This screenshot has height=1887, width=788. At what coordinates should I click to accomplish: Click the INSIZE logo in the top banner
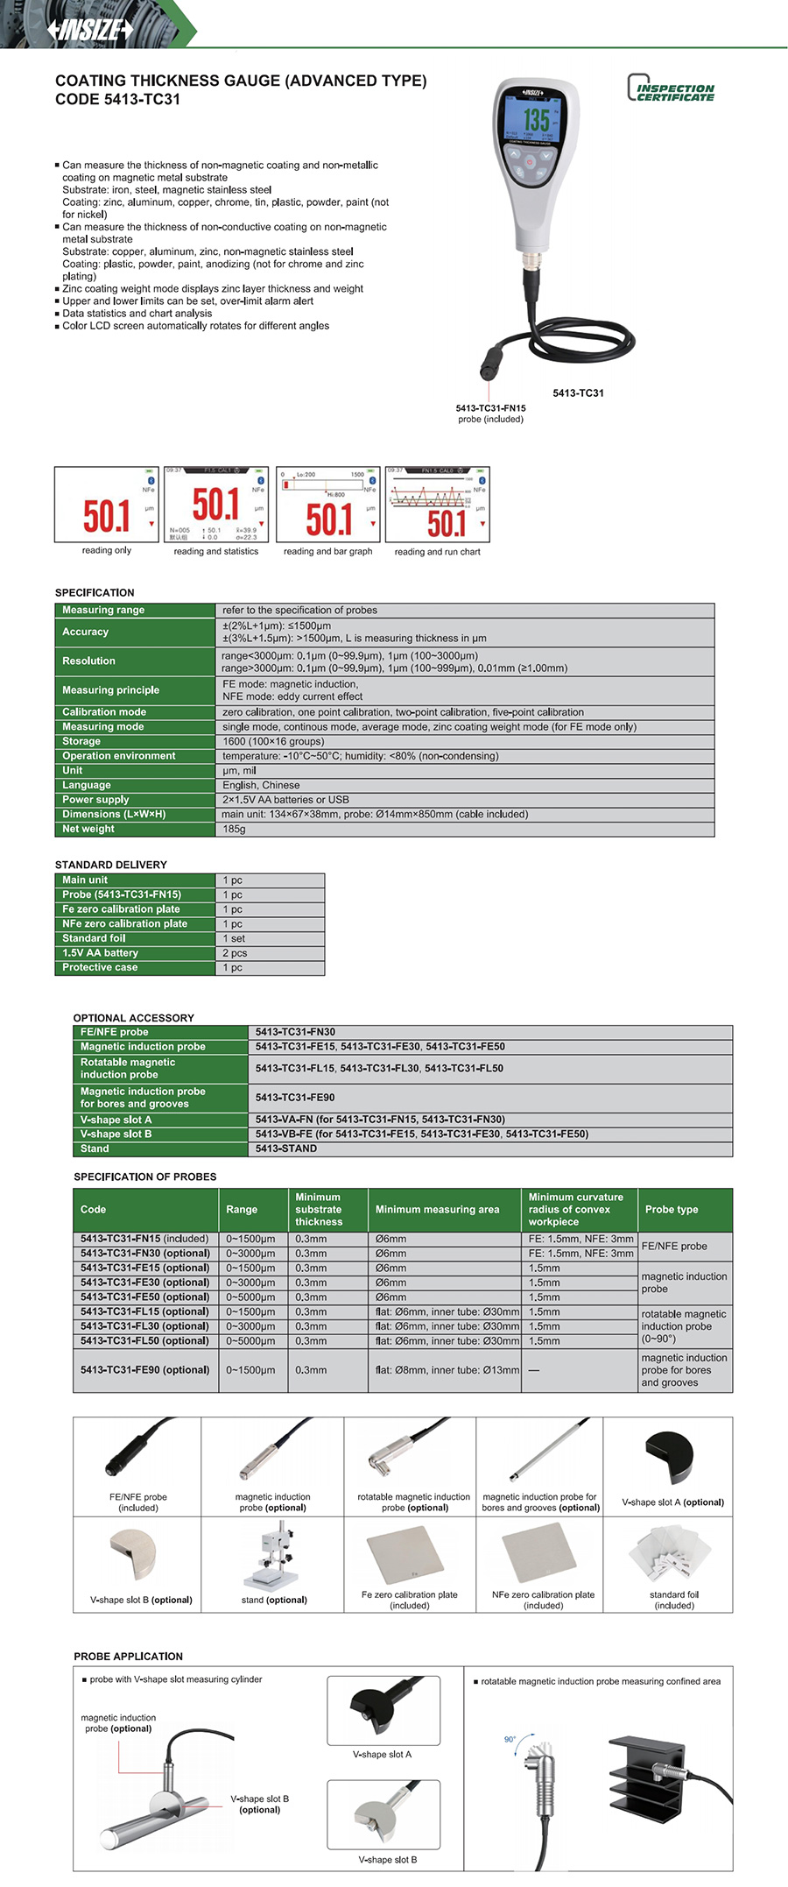click(90, 30)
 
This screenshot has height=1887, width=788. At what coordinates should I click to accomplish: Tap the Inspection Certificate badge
click(671, 88)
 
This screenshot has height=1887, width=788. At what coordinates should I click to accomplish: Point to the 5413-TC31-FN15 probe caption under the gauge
click(490, 408)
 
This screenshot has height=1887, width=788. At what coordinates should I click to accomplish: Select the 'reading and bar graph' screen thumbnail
click(328, 505)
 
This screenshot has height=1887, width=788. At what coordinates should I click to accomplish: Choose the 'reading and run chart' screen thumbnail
click(437, 505)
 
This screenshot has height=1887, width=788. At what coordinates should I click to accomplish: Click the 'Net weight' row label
click(88, 829)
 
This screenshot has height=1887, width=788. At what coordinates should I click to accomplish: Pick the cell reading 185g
click(235, 829)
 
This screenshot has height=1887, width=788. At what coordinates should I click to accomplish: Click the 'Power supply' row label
click(95, 800)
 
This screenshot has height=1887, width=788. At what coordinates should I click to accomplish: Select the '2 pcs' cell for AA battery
click(235, 953)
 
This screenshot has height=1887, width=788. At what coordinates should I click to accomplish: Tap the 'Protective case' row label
click(100, 968)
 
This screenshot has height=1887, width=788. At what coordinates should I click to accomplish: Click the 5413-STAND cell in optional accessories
click(286, 1148)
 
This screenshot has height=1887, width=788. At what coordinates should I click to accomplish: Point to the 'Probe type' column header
click(672, 1210)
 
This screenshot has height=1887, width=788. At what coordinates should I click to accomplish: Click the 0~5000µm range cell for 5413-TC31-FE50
click(250, 1297)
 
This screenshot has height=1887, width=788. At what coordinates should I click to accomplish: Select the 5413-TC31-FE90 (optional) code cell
click(145, 1370)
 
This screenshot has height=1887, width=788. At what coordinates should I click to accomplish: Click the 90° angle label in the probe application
click(510, 1739)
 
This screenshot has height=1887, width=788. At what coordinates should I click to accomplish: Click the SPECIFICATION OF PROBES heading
click(144, 1177)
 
